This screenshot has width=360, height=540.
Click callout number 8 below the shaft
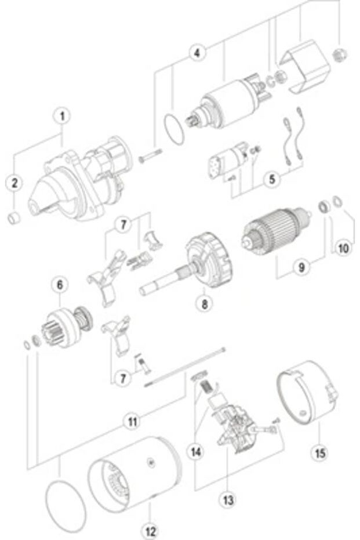(203, 303)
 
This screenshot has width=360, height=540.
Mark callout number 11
(133, 422)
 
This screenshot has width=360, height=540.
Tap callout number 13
(227, 498)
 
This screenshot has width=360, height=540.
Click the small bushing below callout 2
(14, 218)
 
